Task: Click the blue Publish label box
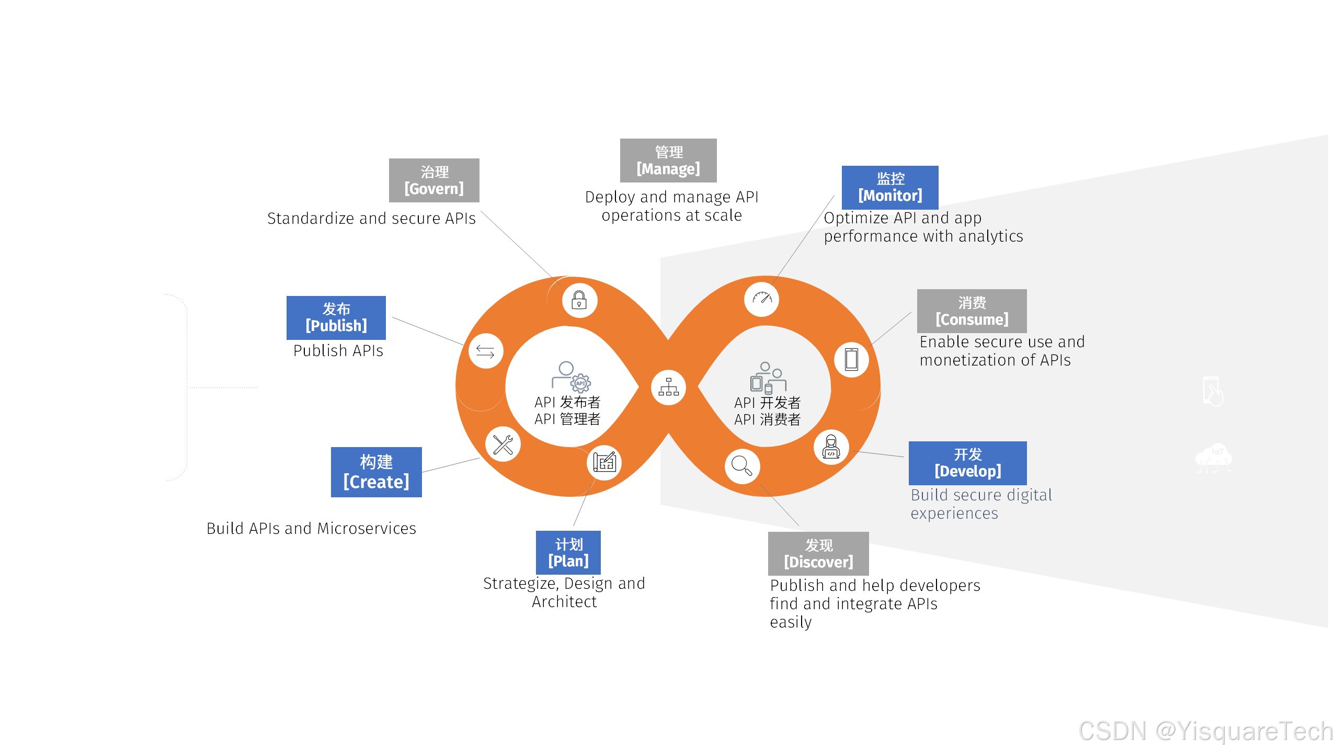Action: [x=336, y=317]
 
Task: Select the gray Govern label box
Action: [x=434, y=180]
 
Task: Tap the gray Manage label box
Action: [x=668, y=161]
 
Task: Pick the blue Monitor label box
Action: [x=890, y=187]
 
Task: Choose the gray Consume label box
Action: [x=972, y=311]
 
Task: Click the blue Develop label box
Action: [x=967, y=463]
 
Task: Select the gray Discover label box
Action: [x=818, y=554]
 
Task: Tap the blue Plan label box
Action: [x=568, y=553]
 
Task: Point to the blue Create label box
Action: [x=376, y=472]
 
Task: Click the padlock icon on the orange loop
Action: [x=579, y=300]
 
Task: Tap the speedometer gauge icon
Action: [x=762, y=299]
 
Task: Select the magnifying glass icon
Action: [x=742, y=465]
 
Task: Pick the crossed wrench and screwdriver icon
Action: [x=503, y=444]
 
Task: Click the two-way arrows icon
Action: [x=485, y=351]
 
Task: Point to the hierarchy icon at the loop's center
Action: [x=668, y=387]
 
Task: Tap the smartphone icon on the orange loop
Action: [x=851, y=359]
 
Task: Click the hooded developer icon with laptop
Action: [x=831, y=447]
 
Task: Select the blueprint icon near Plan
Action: [x=604, y=462]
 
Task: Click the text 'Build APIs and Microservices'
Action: [x=311, y=529]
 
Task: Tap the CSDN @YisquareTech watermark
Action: [x=1205, y=731]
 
